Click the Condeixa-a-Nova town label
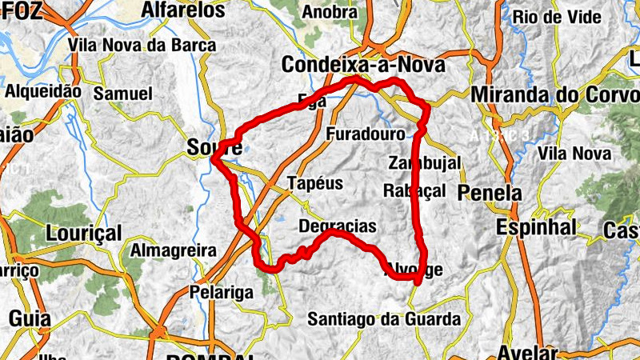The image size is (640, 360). (x=364, y=65)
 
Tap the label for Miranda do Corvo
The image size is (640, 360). (x=555, y=94)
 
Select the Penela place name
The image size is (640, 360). (x=489, y=193)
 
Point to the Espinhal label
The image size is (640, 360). (x=536, y=227)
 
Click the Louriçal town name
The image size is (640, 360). (x=84, y=234)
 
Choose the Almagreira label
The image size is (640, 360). (x=173, y=250)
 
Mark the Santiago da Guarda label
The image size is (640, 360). (x=384, y=319)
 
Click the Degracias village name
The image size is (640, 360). (x=337, y=227)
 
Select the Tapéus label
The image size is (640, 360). (x=314, y=183)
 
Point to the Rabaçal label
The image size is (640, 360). (x=414, y=190)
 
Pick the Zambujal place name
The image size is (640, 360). (x=425, y=162)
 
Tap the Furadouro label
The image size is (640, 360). (x=366, y=134)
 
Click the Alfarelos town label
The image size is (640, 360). (x=182, y=10)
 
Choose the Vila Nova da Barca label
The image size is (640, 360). (x=142, y=46)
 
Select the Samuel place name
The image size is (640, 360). (x=122, y=94)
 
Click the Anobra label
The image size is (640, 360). (x=330, y=12)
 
